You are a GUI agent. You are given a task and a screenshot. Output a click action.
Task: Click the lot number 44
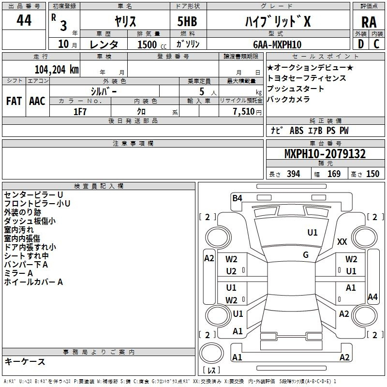pyautogui.click(x=24, y=21)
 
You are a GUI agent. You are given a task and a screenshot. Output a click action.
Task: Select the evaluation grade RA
pyautogui.click(x=369, y=22)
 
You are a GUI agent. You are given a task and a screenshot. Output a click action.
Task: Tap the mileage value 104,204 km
pyautogui.click(x=57, y=69)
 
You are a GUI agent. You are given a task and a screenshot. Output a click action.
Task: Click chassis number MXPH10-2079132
pyautogui.click(x=325, y=154)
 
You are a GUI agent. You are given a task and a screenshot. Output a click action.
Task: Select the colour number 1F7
pyautogui.click(x=80, y=112)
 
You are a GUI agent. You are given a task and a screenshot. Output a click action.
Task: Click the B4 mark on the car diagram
pyautogui.click(x=237, y=197)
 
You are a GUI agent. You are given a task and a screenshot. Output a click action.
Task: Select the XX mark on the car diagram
pyautogui.click(x=342, y=242)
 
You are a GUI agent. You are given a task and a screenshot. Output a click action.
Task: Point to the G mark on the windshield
pyautogui.click(x=306, y=255)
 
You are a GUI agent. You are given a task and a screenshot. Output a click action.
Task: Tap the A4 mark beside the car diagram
pyautogui.click(x=372, y=297)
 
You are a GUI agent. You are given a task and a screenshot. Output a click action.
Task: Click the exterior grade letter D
pyautogui.click(x=360, y=44)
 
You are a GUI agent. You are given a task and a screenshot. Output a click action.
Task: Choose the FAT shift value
pyautogui.click(x=14, y=101)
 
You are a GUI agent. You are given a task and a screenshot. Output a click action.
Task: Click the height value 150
pyautogui.click(x=372, y=174)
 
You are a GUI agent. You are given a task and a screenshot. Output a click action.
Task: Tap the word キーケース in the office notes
pyautogui.click(x=25, y=362)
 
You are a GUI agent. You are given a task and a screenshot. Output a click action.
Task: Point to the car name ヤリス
pyautogui.click(x=125, y=21)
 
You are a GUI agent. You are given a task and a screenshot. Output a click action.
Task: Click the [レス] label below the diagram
pyautogui.click(x=211, y=371)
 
